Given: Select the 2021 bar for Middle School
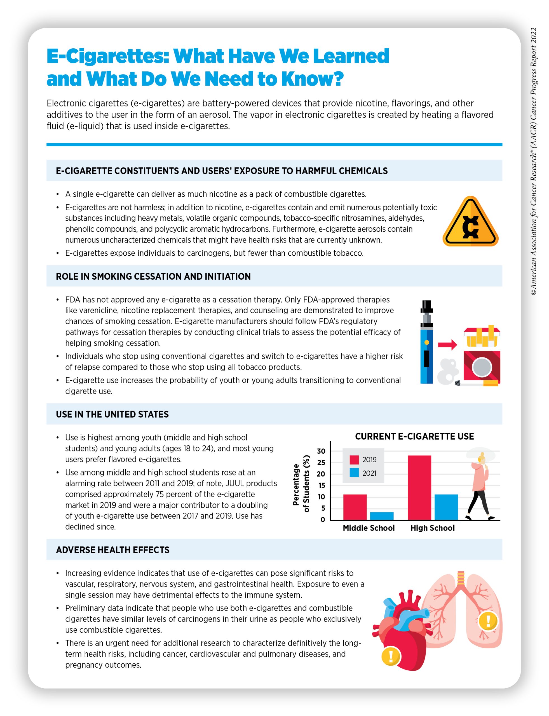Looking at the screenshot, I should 382,516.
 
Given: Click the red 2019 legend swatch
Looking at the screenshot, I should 354,460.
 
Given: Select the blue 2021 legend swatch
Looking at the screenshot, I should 354,473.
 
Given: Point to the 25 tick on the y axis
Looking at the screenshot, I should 321,463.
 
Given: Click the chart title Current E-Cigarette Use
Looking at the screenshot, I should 414,436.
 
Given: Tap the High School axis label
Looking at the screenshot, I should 432,528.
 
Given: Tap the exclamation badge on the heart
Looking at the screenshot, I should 391,655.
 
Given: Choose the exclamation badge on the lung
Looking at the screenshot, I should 488,620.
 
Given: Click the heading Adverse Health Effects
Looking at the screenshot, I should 113,550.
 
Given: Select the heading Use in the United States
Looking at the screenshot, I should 112,414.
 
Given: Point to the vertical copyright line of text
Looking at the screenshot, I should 533,162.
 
